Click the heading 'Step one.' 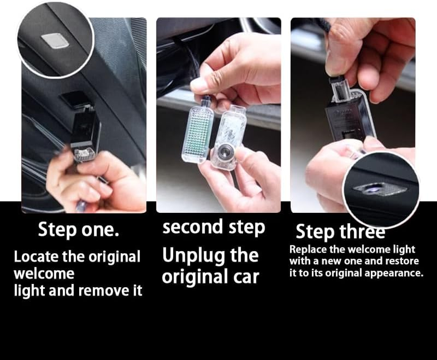coord(78,229)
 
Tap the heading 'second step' coord(214,227)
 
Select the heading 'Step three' coord(340,231)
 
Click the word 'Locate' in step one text coord(36,256)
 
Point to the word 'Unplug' coord(194,256)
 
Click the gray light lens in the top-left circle coord(55,40)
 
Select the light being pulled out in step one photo coord(84,134)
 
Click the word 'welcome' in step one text coord(44,274)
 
